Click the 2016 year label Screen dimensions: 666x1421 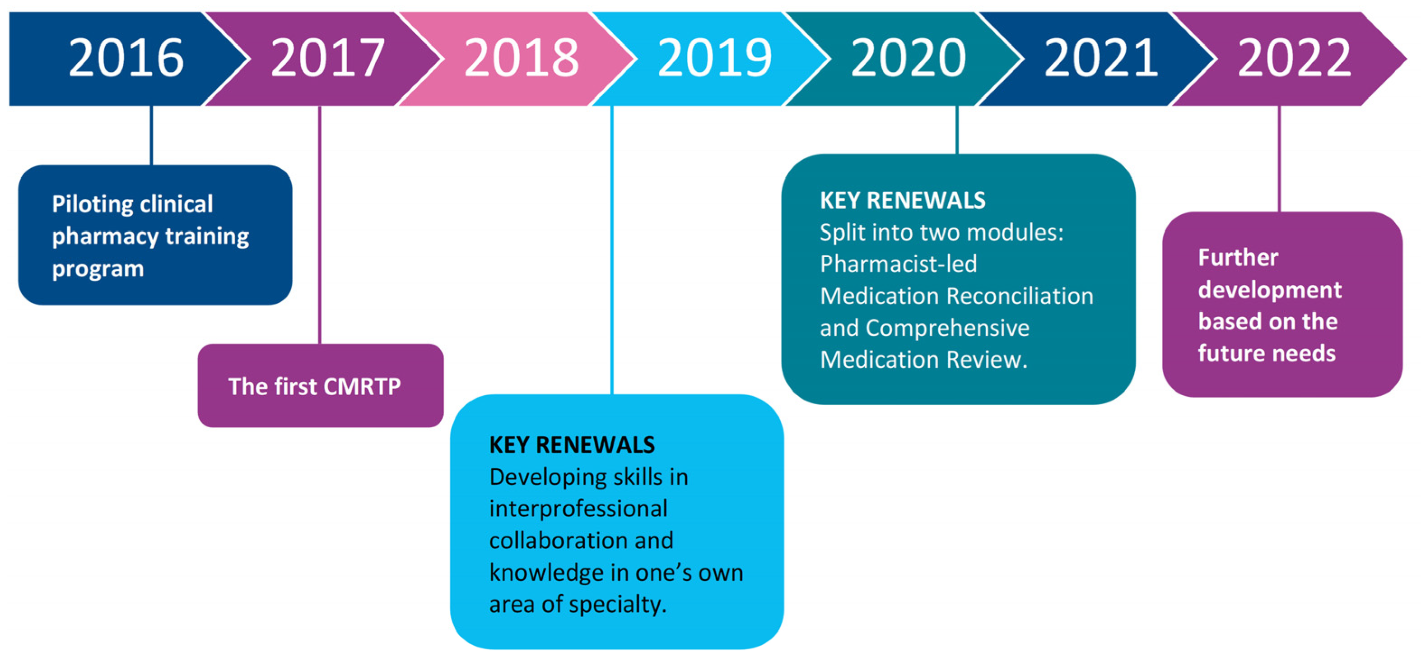(x=126, y=58)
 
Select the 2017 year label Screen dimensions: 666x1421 (x=328, y=58)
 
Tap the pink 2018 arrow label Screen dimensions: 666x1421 (x=521, y=58)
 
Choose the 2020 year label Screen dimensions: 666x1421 (x=908, y=58)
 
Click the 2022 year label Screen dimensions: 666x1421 (x=1294, y=58)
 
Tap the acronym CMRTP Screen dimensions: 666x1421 (x=362, y=387)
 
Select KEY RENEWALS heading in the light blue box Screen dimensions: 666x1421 (x=572, y=445)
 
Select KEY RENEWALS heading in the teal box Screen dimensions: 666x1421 (x=903, y=201)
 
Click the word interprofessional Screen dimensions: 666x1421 (x=578, y=509)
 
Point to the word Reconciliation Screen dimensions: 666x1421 (x=1020, y=296)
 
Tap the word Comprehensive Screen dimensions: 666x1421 (x=947, y=328)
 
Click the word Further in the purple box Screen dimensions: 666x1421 (x=1238, y=258)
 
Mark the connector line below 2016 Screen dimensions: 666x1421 (x=152, y=135)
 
